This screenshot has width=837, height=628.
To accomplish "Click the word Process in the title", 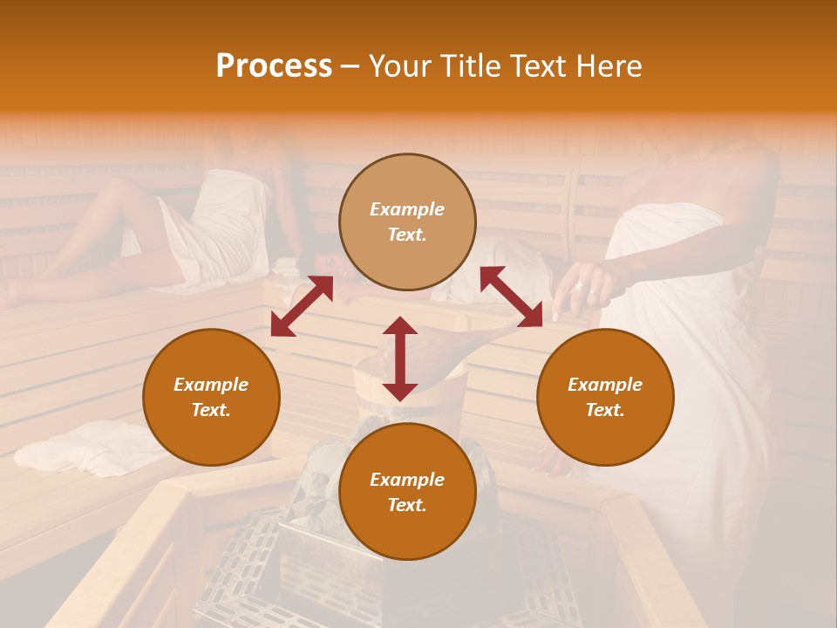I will (274, 66).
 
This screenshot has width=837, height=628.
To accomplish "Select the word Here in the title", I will (609, 66).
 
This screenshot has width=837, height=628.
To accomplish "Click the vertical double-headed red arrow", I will (400, 358).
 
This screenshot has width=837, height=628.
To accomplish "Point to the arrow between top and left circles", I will (302, 306).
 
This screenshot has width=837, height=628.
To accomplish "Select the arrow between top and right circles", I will (511, 297).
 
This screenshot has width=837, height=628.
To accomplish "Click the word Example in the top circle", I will (407, 209).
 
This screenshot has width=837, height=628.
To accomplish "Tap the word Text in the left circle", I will (211, 411).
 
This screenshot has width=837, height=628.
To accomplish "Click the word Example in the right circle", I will (605, 385).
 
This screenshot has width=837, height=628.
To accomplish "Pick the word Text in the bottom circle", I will (407, 506).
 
